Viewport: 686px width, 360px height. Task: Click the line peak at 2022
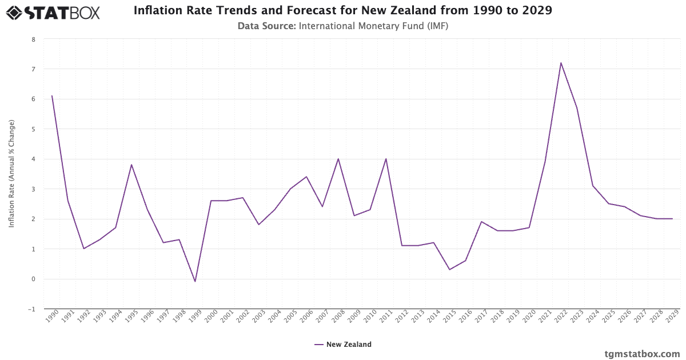point(561,63)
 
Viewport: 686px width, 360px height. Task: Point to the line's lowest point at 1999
point(195,281)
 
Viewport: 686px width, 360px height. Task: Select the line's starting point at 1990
point(52,96)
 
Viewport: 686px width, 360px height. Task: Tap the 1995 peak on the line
point(131,165)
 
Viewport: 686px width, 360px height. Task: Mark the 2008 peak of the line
point(338,159)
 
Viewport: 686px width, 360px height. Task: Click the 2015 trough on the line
point(449,270)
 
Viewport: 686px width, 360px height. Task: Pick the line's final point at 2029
point(672,219)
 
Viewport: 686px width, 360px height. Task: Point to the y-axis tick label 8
point(33,39)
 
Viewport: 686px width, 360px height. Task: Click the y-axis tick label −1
point(31,309)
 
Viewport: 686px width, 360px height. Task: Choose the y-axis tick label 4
point(33,159)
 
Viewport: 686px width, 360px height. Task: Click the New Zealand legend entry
point(343,345)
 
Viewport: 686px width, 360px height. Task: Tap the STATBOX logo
point(53,12)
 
